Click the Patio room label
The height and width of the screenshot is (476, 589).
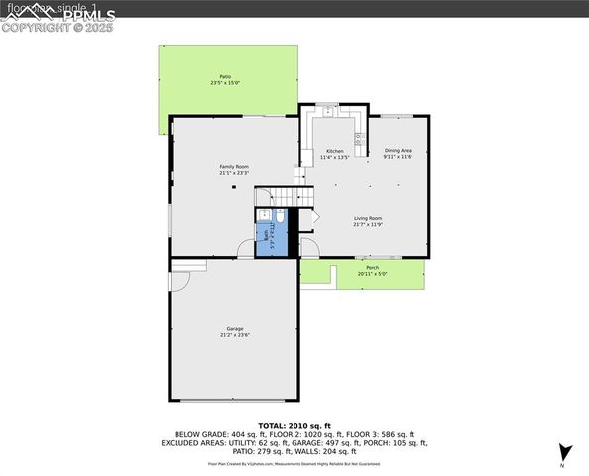tap(224, 76)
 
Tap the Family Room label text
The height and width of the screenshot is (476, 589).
tap(234, 167)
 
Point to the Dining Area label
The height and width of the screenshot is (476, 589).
tap(398, 150)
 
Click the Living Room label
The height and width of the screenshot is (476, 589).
tap(368, 218)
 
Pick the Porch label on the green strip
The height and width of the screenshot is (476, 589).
tap(372, 268)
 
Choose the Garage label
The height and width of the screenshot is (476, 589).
tap(234, 328)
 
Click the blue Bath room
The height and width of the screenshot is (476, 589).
tap(271, 239)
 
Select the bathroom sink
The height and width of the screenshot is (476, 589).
tap(265, 215)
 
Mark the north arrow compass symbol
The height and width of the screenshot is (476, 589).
tap(563, 452)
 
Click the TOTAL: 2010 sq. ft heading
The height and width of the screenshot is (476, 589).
tap(294, 424)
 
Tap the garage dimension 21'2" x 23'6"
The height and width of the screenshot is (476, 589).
tap(234, 335)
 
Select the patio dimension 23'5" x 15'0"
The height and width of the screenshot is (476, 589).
tap(224, 83)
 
